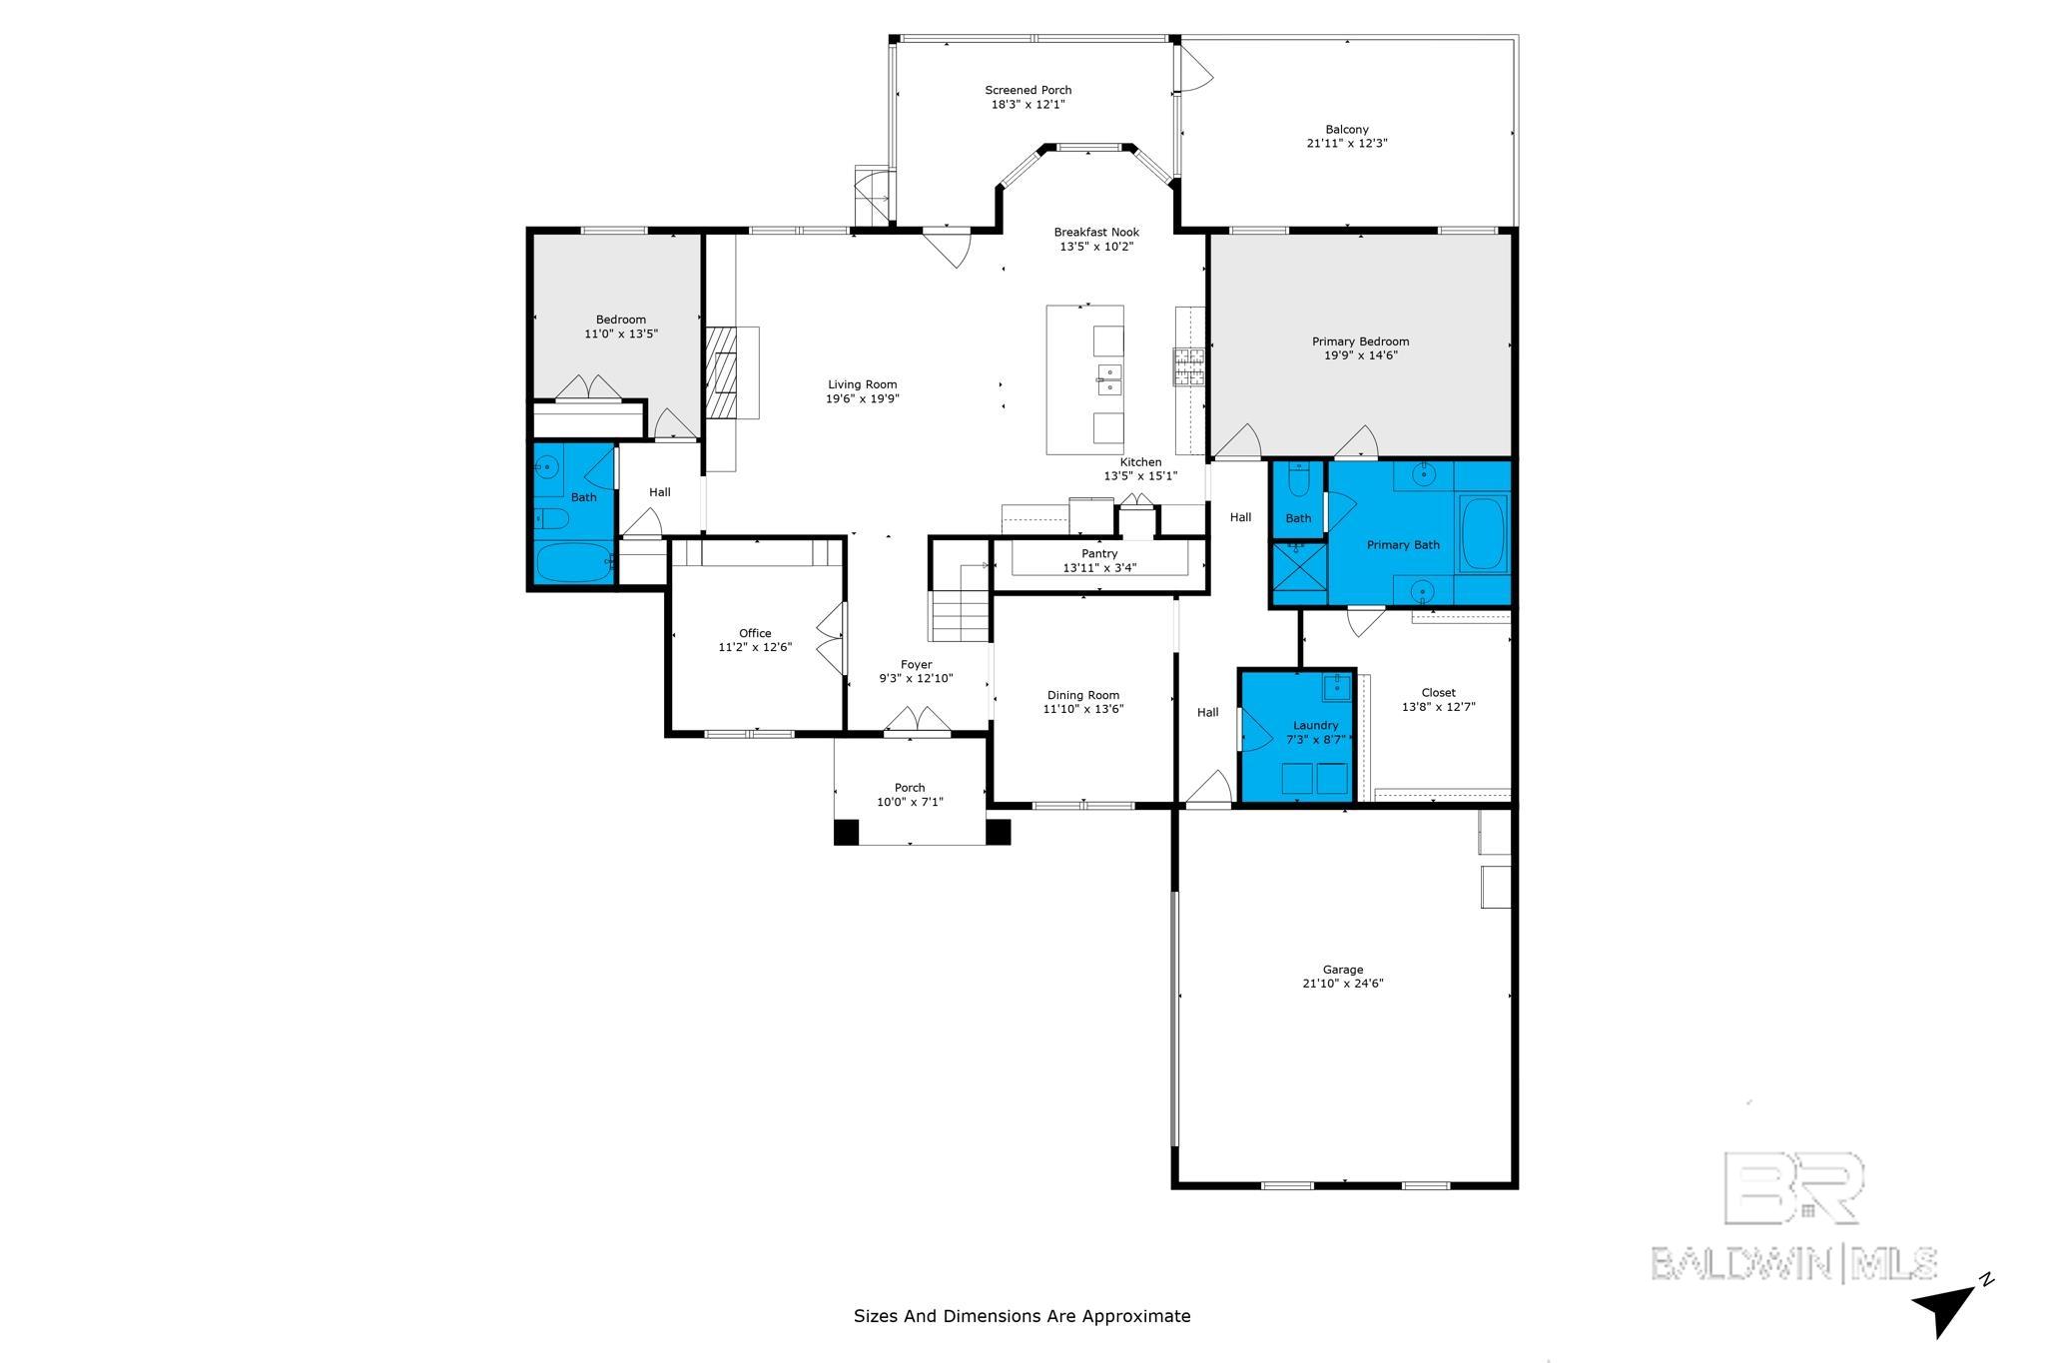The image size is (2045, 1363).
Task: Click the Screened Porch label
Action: click(1027, 90)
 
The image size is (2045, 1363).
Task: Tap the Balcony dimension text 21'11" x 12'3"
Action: click(1347, 143)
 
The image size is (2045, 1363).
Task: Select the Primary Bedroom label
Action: click(1360, 341)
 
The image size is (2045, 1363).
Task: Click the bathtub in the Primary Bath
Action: click(1483, 533)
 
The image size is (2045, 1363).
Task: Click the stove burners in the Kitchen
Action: click(1188, 366)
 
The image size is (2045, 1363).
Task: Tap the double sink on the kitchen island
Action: click(1108, 380)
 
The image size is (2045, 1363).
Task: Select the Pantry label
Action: click(1099, 553)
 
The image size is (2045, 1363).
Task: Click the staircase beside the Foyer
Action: click(961, 602)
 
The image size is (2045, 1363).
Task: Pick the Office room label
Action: click(755, 633)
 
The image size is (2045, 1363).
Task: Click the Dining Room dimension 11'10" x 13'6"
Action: click(1083, 709)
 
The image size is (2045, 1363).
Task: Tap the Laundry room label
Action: click(1315, 726)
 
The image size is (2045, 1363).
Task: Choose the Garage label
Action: click(1343, 970)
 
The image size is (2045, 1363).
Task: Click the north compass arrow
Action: click(1945, 1309)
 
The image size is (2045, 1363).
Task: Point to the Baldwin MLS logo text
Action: click(1793, 1263)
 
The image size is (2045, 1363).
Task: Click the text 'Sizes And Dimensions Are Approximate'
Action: click(1022, 1316)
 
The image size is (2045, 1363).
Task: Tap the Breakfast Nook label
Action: click(1096, 233)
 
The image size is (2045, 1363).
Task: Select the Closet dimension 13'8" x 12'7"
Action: click(1439, 706)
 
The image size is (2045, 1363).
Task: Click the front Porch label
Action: click(910, 788)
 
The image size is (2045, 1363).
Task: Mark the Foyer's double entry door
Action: click(918, 722)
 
